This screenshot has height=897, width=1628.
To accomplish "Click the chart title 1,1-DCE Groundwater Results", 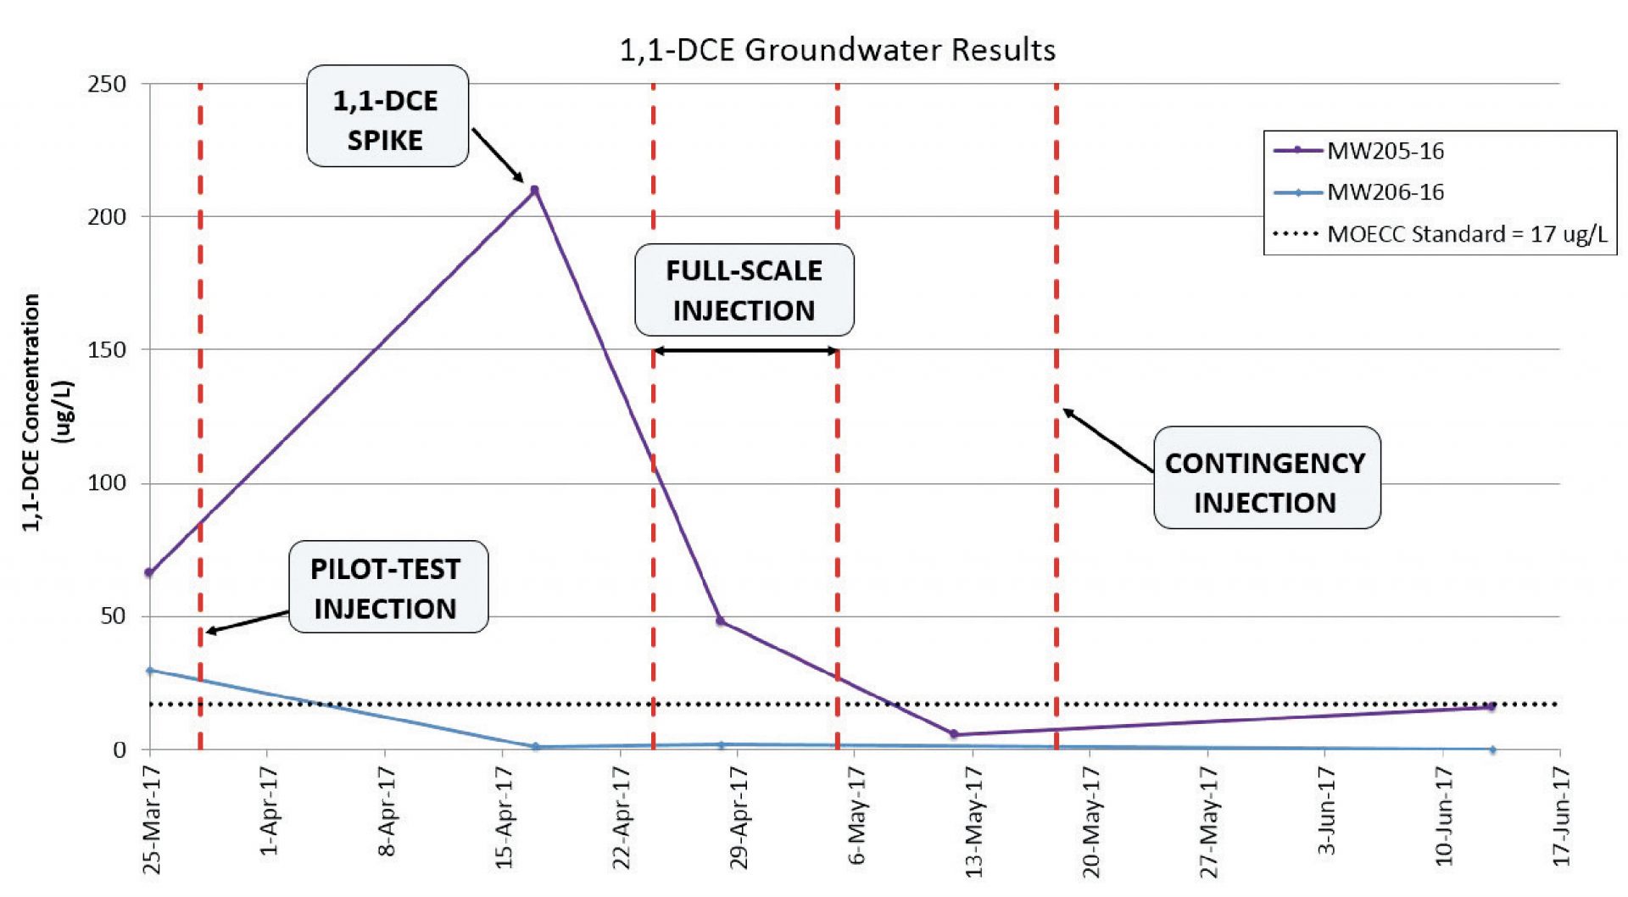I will pos(838,50).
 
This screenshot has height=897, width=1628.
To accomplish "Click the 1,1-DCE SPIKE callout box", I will pos(387,117).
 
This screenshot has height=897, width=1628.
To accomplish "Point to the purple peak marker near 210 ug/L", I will pos(534,190).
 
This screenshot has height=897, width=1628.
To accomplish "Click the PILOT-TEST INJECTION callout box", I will pos(387,588).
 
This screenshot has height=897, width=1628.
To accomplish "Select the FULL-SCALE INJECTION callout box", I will pos(744,290).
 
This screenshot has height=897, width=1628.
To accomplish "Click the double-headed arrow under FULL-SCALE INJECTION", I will pos(745,351).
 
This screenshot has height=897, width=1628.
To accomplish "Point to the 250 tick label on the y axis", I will pos(107,85).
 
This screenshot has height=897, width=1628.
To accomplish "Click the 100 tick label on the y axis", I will pos(107,483).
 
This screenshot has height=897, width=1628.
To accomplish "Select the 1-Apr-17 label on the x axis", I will pos(269,812).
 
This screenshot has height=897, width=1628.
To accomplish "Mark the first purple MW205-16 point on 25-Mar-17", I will pos(149,573).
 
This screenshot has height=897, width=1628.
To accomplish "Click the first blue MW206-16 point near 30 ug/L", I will pos(150,671).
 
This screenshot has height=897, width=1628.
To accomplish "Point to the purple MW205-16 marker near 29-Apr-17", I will pos(720,621).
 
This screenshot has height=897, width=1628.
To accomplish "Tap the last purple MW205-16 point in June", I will pos(1491,706).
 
